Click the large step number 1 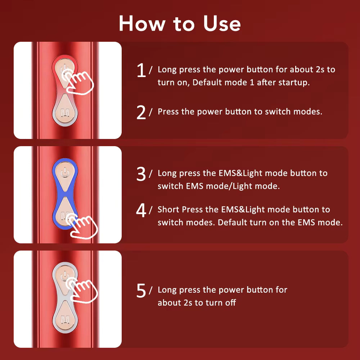coord(141,70)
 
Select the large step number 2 coord(141,113)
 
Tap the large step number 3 coord(141,174)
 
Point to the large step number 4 coord(141,211)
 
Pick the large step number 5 coord(141,291)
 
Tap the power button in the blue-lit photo coord(65,173)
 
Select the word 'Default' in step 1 coord(206,82)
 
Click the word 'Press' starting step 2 coord(168,112)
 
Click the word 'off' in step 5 coord(230,303)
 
